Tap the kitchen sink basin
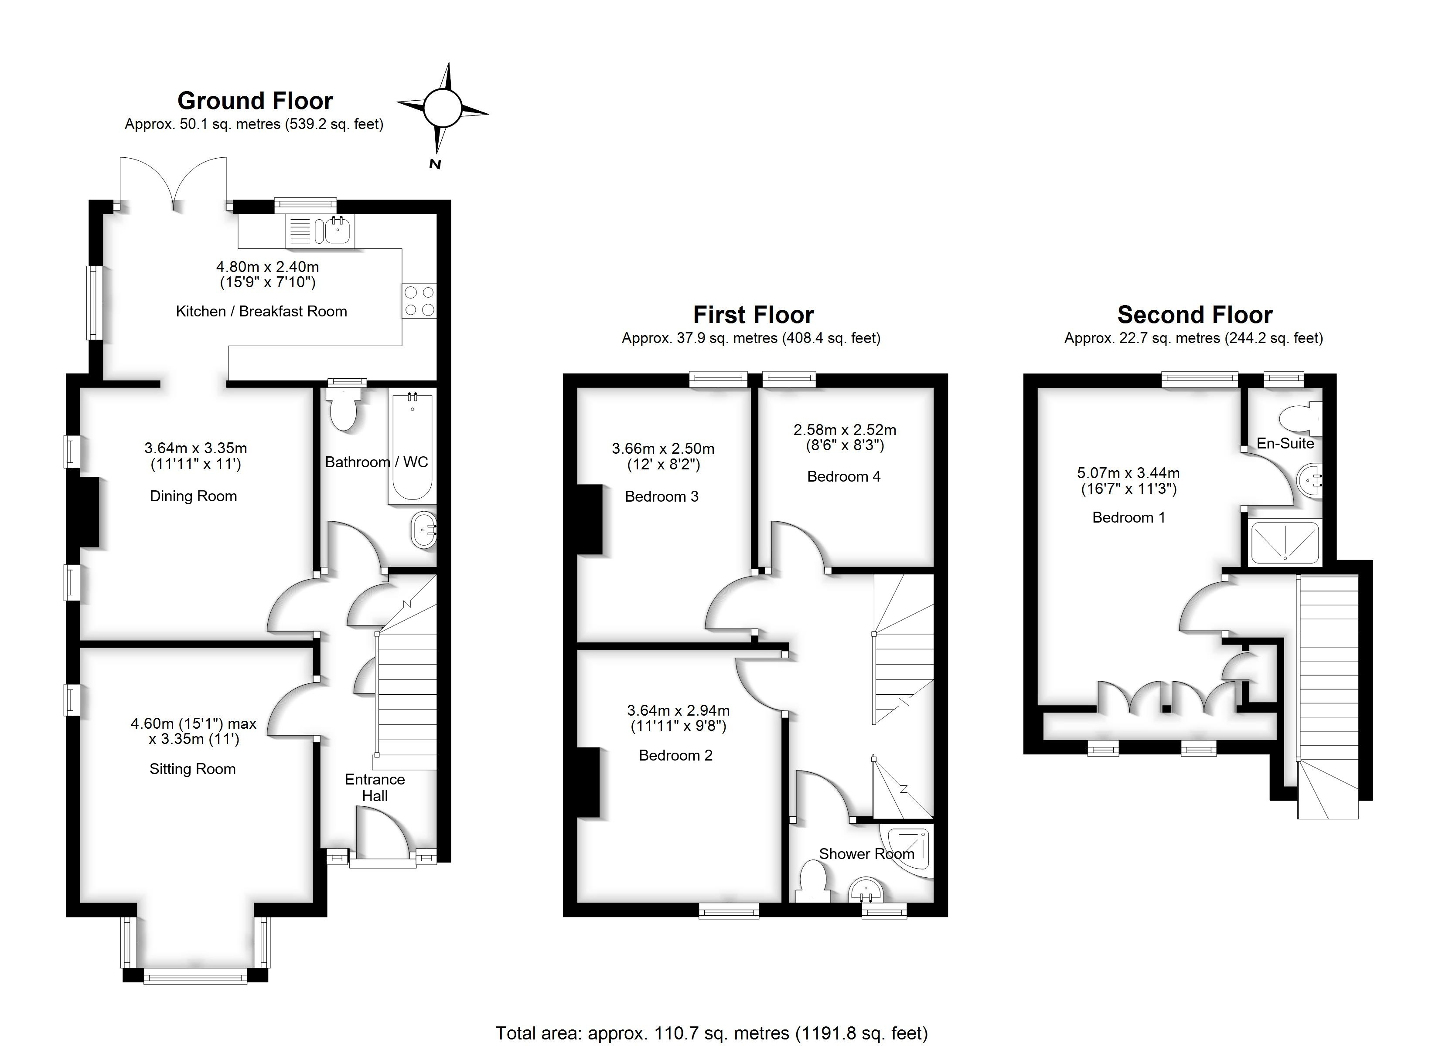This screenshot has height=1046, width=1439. pos(337,231)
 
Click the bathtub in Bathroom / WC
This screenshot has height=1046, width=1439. pos(413,447)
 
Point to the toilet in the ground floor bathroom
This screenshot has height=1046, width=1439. pos(343,409)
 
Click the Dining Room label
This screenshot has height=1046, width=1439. pos(194,496)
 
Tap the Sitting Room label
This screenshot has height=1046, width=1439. pos(192,769)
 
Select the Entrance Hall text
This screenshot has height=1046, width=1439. pos(374,787)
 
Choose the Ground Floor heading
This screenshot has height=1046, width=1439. pos(255,101)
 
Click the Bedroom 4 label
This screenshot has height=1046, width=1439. pos(844,476)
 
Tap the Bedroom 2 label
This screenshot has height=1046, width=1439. pos(676,755)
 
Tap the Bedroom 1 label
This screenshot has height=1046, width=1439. pos(1129,518)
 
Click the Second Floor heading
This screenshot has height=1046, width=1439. pos(1195,315)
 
